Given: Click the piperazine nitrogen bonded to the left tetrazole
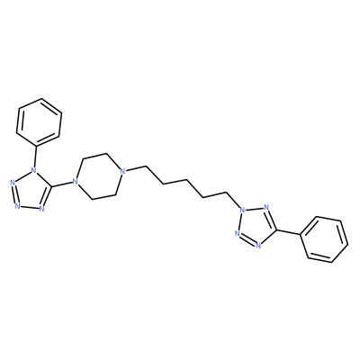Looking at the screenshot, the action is coord(75,182).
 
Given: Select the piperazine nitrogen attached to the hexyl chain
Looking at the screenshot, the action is coord(121,172).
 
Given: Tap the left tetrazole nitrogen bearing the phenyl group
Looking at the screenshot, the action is coord(34,172).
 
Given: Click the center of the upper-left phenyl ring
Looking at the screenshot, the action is coord(39,122).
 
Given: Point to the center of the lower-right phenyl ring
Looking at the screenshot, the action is coord(324,239).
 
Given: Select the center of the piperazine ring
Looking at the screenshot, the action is coord(98,176).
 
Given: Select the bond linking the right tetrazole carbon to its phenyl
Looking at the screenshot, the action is coord(289,233).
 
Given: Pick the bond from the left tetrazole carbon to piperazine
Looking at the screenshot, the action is coord(62,184).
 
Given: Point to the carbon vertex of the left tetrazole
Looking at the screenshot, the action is coord(52,186).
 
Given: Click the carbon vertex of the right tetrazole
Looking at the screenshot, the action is coord(276,230).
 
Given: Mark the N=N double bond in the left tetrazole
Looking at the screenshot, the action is coord(14,194).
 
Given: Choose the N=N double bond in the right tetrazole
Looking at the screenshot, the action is coord(247,239).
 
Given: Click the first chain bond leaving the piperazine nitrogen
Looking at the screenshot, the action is coord(135,168).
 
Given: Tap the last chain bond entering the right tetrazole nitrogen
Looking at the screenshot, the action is coord(233,200).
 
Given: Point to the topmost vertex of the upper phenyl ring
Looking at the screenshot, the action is coord(41,98).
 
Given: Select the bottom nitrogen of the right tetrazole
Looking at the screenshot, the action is coord(257,246).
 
